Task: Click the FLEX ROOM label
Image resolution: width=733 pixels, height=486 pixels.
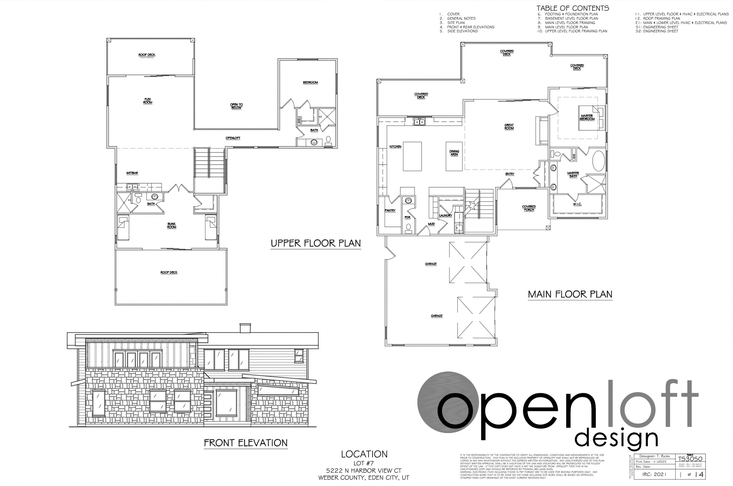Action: pyautogui.click(x=148, y=101)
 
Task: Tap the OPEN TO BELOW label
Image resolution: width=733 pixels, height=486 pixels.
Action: pyautogui.click(x=236, y=106)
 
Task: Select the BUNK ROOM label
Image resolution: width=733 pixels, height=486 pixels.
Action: pyautogui.click(x=172, y=225)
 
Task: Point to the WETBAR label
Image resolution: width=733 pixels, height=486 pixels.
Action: pyautogui.click(x=132, y=173)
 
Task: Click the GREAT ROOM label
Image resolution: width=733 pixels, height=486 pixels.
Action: pyautogui.click(x=509, y=127)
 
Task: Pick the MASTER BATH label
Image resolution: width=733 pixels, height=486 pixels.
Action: pyautogui.click(x=573, y=175)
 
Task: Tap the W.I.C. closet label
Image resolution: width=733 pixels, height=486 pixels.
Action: pyautogui.click(x=577, y=204)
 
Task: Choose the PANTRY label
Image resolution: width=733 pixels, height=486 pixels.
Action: pyautogui.click(x=390, y=210)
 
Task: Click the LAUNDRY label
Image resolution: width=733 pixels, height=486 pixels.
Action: pyautogui.click(x=446, y=215)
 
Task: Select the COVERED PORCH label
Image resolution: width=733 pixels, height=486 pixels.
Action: pyautogui.click(x=529, y=208)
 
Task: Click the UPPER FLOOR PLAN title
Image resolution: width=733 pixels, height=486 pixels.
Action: pyautogui.click(x=316, y=243)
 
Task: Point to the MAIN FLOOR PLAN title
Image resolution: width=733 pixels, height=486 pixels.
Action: pyautogui.click(x=570, y=294)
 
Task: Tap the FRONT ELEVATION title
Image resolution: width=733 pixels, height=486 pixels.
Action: pyautogui.click(x=246, y=443)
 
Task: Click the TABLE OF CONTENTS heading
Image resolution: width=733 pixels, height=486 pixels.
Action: pyautogui.click(x=573, y=8)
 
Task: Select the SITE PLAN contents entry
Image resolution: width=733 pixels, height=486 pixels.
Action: pyautogui.click(x=456, y=23)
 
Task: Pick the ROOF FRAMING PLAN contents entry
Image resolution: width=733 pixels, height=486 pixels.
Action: pyautogui.click(x=661, y=18)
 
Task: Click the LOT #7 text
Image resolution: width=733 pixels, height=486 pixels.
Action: pyautogui.click(x=364, y=463)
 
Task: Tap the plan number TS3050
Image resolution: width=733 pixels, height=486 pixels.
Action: pyautogui.click(x=690, y=459)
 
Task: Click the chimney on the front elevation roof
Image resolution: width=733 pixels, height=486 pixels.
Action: pyautogui.click(x=245, y=328)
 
